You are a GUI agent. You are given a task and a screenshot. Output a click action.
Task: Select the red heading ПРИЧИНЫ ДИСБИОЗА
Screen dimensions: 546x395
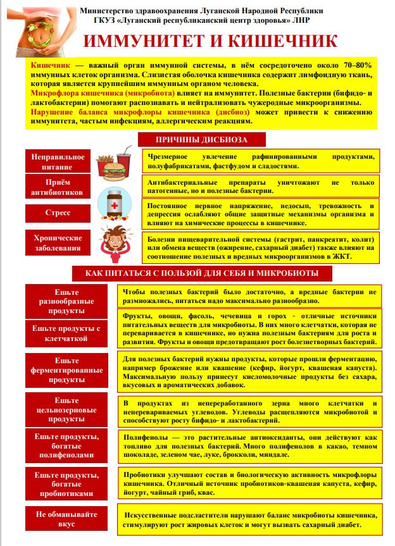click(202, 139)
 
